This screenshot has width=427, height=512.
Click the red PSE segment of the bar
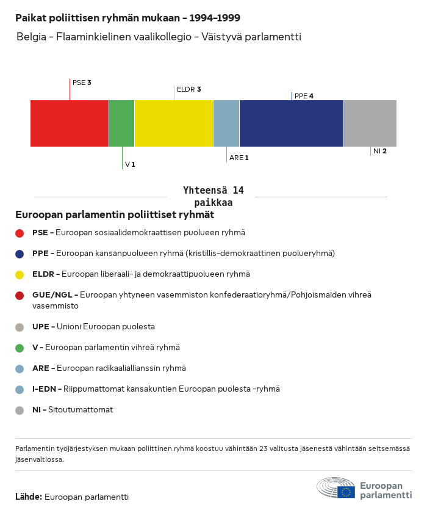70,123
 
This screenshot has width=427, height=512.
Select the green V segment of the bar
121,123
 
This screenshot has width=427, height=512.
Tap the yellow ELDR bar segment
174,123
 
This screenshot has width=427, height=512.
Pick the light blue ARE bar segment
226,123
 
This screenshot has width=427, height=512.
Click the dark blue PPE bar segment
292,123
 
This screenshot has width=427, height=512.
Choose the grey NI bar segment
370,123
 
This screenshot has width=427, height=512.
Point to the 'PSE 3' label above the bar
82,82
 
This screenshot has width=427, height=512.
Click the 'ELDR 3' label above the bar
188,89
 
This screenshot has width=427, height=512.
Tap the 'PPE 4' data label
304,96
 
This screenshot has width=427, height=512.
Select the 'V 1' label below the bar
130,164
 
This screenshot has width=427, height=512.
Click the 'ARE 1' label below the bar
239,158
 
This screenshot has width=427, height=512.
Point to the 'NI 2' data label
380,151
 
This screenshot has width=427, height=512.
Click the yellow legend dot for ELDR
20,274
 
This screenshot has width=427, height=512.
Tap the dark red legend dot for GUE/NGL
20,296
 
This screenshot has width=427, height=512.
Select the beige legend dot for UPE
20,327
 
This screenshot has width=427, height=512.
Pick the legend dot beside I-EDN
20,390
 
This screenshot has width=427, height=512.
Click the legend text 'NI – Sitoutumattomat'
73,410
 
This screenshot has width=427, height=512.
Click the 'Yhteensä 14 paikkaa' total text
213,196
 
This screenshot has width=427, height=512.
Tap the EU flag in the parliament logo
346,492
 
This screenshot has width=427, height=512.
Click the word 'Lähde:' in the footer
29,497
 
